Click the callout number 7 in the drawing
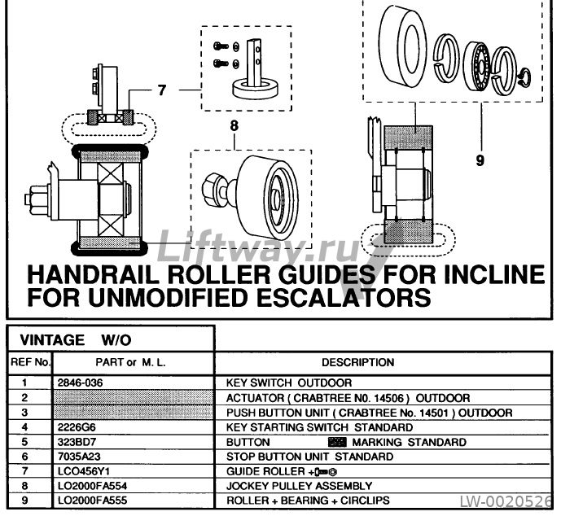(162, 90)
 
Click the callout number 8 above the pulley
(234, 126)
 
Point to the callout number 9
(480, 160)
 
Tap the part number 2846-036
(80, 383)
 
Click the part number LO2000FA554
(92, 486)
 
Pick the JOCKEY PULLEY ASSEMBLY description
(299, 486)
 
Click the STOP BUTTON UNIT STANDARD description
(310, 457)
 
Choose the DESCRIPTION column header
(357, 363)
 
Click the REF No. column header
(30, 362)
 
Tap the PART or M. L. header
(130, 363)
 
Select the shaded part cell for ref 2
(133, 398)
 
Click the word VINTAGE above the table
(52, 339)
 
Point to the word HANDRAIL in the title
(94, 274)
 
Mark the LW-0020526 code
(506, 501)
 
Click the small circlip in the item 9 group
(525, 77)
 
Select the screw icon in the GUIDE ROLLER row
(324, 472)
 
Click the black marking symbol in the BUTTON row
(337, 442)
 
